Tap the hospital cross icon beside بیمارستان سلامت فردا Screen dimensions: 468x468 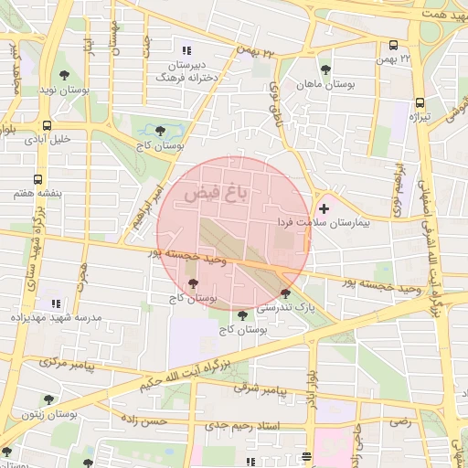click(324, 209)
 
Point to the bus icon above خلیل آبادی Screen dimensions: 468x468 click(46, 125)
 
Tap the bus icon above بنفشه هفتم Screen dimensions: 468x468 click(37, 180)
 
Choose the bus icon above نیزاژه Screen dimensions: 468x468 click(420, 103)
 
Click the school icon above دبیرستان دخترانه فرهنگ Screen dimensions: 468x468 click(187, 51)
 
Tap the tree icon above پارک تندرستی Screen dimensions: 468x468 click(286, 294)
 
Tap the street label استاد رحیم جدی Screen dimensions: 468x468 click(242, 426)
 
